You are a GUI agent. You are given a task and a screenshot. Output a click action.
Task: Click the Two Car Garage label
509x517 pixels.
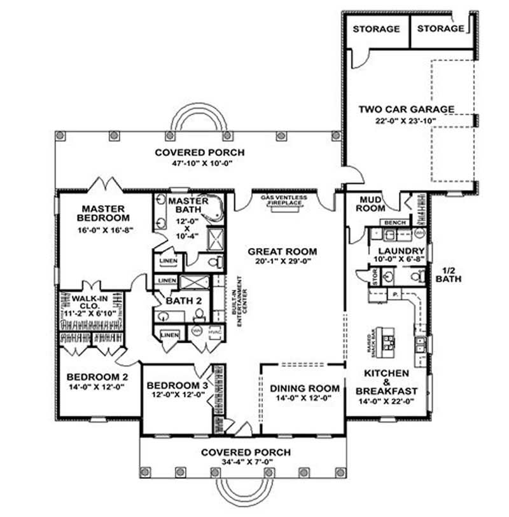coord(406,109)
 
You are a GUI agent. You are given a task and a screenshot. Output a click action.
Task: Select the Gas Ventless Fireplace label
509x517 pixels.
coord(284,200)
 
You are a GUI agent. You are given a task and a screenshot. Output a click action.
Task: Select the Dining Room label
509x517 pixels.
coord(296,388)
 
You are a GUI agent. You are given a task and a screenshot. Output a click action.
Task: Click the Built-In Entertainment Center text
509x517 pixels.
coord(237,301)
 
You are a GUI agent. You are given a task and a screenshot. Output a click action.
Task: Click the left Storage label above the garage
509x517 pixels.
coord(376,29)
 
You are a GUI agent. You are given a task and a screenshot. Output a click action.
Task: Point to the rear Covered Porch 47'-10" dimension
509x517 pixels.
coord(197,163)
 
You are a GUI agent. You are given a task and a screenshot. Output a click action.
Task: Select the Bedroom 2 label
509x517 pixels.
coord(98,376)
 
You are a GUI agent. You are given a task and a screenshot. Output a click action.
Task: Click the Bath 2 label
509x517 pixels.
coord(171,301)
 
